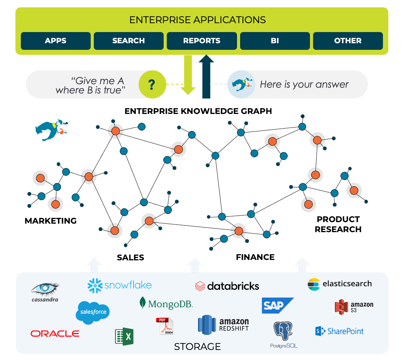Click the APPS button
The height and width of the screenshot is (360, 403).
[56, 41]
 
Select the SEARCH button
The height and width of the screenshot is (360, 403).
[129, 41]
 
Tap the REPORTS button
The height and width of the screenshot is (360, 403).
[201, 41]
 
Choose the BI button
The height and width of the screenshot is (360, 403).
[275, 41]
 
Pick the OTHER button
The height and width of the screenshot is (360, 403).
[348, 41]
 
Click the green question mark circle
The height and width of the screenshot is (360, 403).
[152, 84]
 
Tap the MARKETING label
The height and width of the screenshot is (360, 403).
[51, 221]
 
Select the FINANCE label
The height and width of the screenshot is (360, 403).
[255, 257]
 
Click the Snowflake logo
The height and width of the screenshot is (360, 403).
[120, 285]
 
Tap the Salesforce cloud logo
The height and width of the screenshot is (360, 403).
[93, 312]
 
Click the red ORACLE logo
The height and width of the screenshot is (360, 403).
[55, 333]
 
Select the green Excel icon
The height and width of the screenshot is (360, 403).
[124, 336]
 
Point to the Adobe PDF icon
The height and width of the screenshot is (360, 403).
[165, 326]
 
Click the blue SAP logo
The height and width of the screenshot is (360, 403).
[277, 306]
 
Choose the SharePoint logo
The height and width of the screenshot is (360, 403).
[340, 331]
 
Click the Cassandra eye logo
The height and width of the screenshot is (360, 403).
[45, 292]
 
